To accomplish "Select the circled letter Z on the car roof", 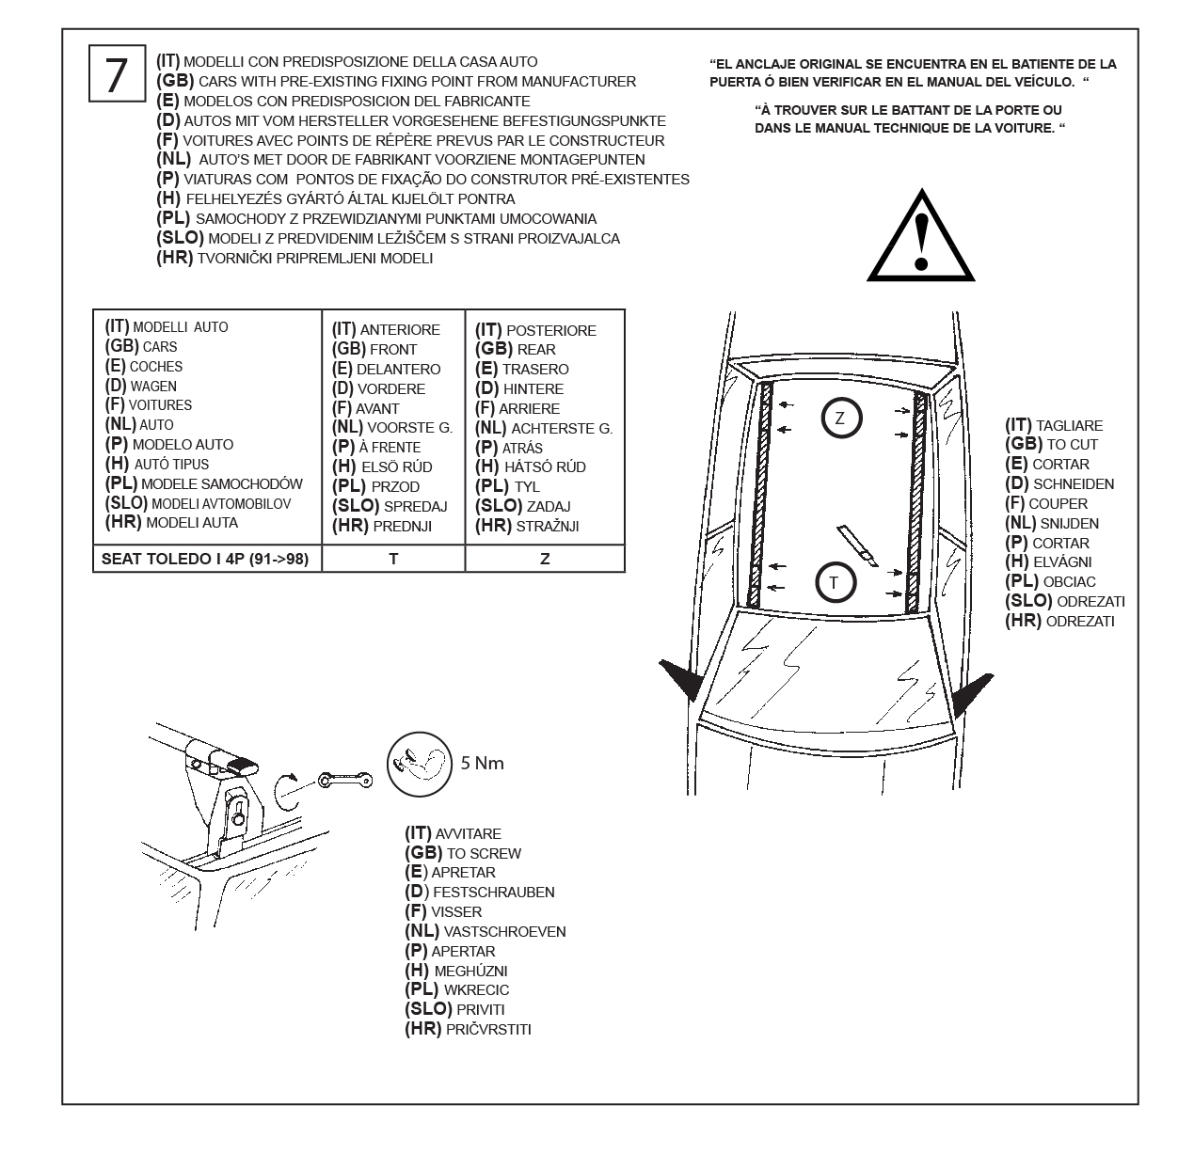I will (x=840, y=418).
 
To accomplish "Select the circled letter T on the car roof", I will (x=834, y=583).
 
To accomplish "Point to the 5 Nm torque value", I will (x=482, y=763).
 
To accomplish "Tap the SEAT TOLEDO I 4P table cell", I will (x=206, y=559).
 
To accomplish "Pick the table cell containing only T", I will (x=393, y=559).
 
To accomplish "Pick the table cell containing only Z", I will (x=545, y=559).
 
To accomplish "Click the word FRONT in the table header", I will (x=393, y=350).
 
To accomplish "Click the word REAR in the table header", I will (x=536, y=350).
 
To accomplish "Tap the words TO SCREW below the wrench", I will (x=484, y=854).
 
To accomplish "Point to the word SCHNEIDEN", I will (x=1074, y=484).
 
